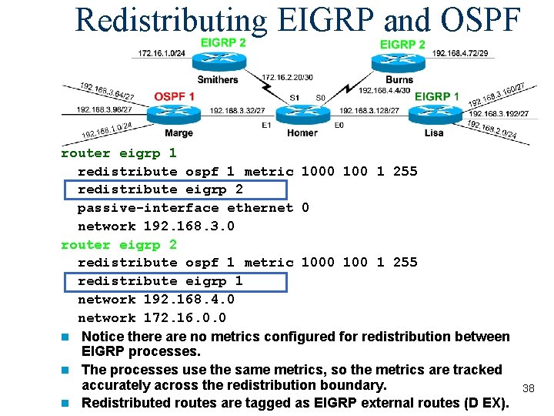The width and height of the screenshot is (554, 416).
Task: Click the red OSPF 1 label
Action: coord(174,96)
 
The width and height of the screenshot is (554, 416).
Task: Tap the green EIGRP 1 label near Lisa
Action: coord(436,96)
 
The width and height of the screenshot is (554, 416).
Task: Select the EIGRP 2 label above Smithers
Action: coord(222,42)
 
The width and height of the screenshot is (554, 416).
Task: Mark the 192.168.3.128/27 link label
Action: coord(369,111)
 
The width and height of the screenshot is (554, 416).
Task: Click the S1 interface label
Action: coord(295,98)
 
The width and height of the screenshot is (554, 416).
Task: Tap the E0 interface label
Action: coord(339,125)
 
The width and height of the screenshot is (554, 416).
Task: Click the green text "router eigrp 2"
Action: coord(118,244)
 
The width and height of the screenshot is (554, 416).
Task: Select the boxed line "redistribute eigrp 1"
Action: coord(160,281)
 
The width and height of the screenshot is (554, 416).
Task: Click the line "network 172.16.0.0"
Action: coord(153,317)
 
